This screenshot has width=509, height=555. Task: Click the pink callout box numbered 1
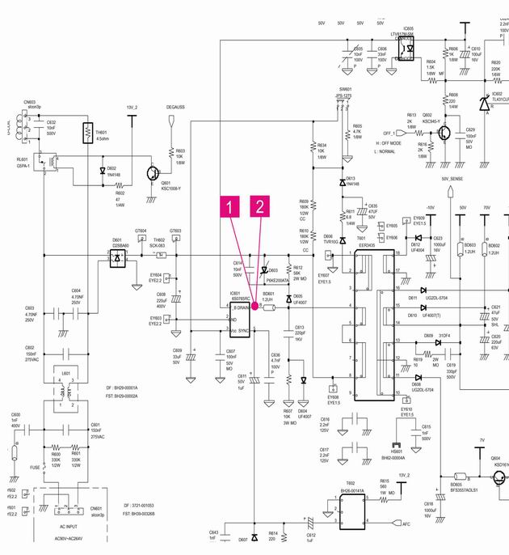point(232,207)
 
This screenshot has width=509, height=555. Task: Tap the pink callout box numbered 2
point(260,207)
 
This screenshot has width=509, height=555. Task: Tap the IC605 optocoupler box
point(410,49)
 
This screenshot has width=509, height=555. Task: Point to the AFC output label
point(406,524)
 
